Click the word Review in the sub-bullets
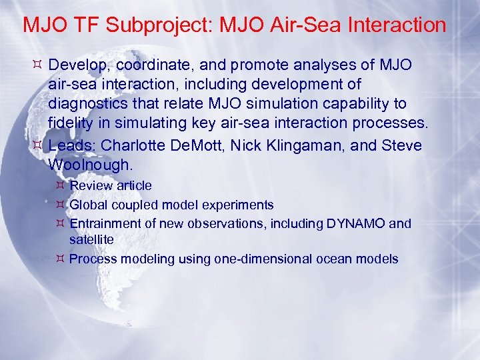pos(88,185)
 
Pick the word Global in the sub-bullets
pos(88,205)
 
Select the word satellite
pos(91,239)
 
